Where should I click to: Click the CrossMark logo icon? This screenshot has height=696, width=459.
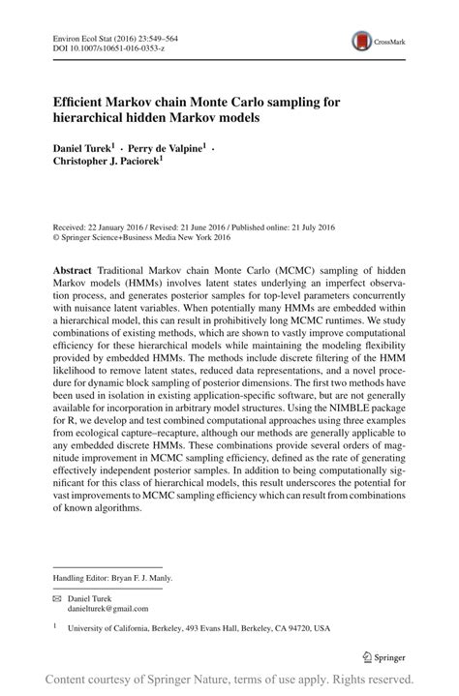click(362, 41)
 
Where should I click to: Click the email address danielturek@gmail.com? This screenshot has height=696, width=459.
click(107, 609)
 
